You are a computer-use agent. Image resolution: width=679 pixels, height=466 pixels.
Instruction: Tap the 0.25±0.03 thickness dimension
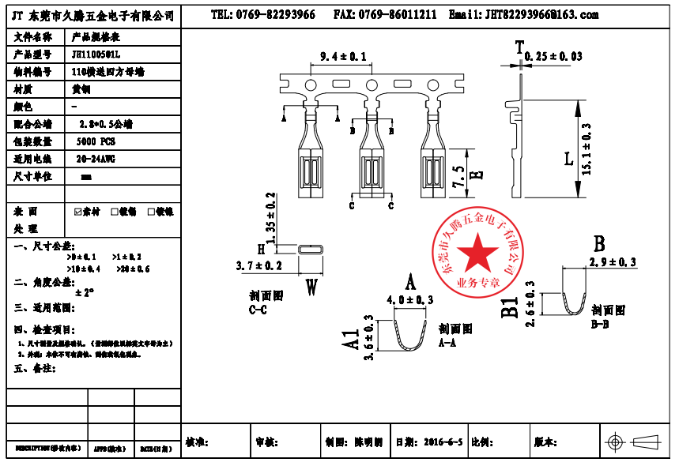[553, 56]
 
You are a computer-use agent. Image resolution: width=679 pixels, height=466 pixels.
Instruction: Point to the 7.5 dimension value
[458, 175]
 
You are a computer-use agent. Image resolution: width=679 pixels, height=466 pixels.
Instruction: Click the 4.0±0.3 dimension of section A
[410, 300]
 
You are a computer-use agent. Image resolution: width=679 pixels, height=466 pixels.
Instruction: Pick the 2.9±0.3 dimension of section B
[613, 262]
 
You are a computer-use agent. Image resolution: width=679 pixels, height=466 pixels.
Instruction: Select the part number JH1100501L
[96, 54]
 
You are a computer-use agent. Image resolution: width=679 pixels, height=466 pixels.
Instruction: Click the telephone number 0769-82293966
[262, 15]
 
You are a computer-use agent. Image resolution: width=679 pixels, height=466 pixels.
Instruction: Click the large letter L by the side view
[568, 159]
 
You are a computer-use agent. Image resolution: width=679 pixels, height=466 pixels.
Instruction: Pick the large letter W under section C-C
[311, 287]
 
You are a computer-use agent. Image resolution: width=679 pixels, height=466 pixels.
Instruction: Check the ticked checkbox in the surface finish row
[77, 212]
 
